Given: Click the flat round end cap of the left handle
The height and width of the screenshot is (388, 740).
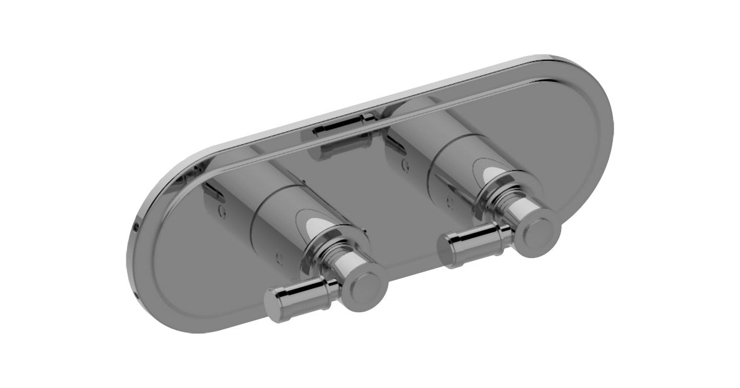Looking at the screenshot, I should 364,287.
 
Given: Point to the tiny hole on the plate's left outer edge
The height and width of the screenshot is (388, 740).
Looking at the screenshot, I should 135,227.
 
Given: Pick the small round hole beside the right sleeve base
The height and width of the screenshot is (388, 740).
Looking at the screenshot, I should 405,164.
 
